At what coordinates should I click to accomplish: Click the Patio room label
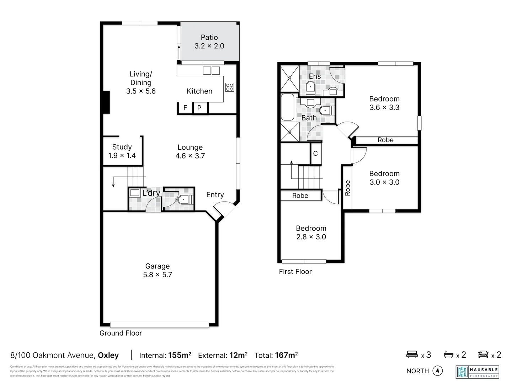click(x=209, y=37)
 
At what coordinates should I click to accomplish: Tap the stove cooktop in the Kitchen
click(x=229, y=87)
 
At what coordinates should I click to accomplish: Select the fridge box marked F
click(x=185, y=108)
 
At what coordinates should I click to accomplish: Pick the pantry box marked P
click(x=199, y=108)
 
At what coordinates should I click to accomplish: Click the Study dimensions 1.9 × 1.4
click(x=122, y=155)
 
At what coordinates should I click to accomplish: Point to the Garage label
click(x=157, y=266)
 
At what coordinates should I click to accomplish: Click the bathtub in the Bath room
click(x=287, y=107)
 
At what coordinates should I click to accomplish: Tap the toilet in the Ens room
click(x=310, y=87)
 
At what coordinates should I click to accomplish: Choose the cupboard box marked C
click(x=315, y=154)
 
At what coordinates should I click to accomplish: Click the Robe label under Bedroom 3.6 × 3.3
click(x=385, y=140)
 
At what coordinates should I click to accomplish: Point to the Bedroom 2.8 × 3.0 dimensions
click(x=311, y=237)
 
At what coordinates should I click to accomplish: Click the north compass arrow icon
click(x=437, y=371)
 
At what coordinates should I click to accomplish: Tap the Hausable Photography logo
click(x=477, y=372)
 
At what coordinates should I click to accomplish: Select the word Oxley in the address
click(x=108, y=355)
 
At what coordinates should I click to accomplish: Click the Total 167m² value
click(x=286, y=355)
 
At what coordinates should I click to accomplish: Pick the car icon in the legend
click(x=483, y=354)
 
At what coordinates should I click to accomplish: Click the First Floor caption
click(x=295, y=272)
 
